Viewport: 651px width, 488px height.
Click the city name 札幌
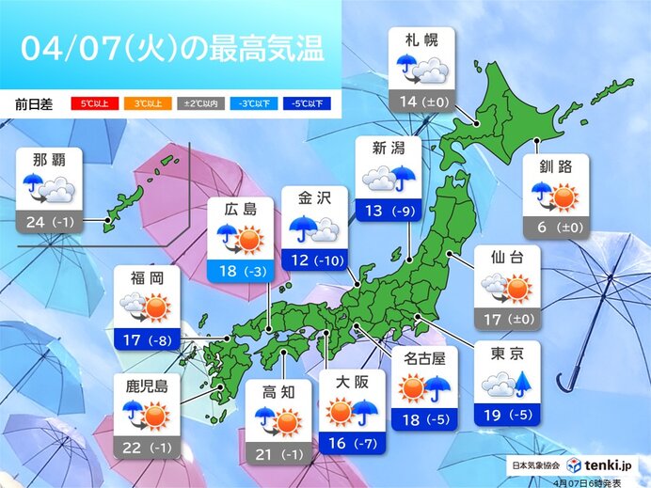[x=421, y=40]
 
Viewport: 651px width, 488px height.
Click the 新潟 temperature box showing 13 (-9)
[x=389, y=210]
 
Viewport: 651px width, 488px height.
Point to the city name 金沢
[x=314, y=200]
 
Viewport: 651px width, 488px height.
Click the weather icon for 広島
[x=240, y=241]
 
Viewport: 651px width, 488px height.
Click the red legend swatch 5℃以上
[x=90, y=102]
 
